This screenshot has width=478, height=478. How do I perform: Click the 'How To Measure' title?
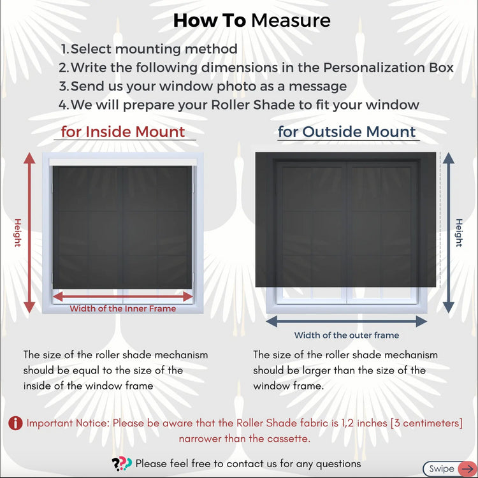pyautogui.click(x=252, y=20)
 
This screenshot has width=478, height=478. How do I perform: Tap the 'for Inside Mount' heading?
pyautogui.click(x=123, y=132)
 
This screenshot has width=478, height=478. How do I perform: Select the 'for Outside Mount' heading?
pyautogui.click(x=347, y=132)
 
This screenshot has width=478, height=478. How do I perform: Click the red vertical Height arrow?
pyautogui.click(x=29, y=233)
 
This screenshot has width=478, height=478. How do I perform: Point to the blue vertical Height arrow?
pyautogui.click(x=449, y=233)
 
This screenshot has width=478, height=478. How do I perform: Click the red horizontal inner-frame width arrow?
pyautogui.click(x=123, y=296)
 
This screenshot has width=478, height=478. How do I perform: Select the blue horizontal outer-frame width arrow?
pyautogui.click(x=346, y=321)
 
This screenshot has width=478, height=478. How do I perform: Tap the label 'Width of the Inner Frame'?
pyautogui.click(x=123, y=308)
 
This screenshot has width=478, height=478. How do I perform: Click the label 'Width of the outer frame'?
pyautogui.click(x=347, y=335)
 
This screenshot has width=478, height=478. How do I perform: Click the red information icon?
pyautogui.click(x=15, y=423)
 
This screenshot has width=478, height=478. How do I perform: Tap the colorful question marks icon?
pyautogui.click(x=122, y=464)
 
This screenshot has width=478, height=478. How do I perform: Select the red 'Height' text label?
pyautogui.click(x=18, y=233)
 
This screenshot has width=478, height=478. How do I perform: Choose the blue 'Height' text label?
pyautogui.click(x=459, y=233)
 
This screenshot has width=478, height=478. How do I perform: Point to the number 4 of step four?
pyautogui.click(x=63, y=105)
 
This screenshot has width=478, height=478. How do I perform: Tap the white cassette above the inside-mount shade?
pyautogui.click(x=123, y=162)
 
